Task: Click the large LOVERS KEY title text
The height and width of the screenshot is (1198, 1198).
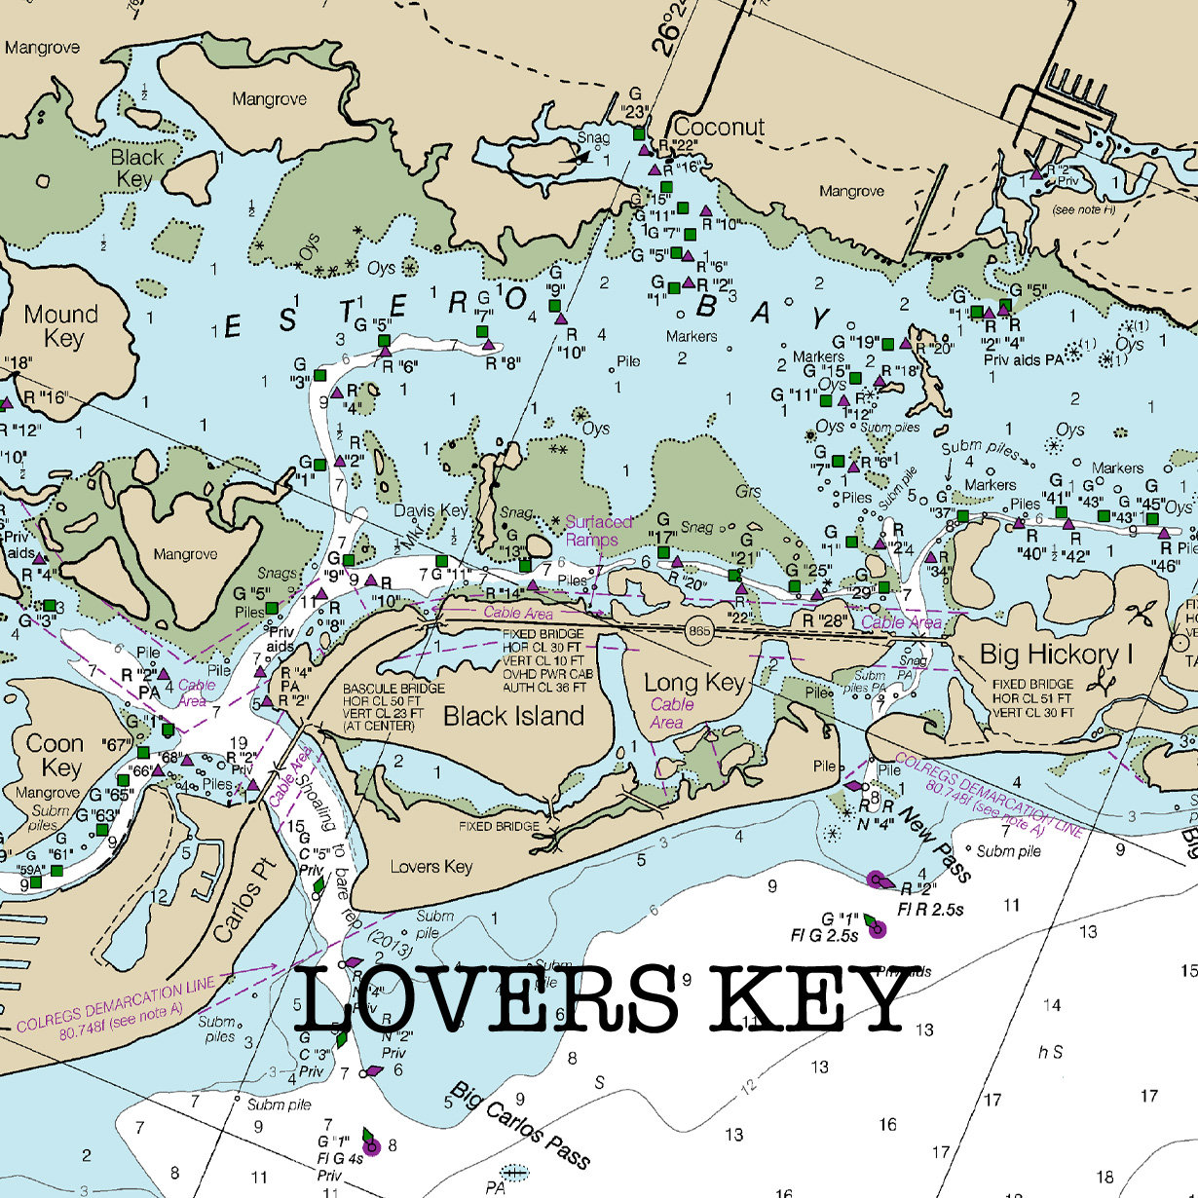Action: click(x=604, y=999)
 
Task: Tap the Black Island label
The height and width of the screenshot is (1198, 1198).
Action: click(x=513, y=716)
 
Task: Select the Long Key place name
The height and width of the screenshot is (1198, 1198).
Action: click(x=694, y=682)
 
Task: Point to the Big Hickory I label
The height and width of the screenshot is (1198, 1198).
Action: click(x=1056, y=654)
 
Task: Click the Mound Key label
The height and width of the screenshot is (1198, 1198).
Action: click(x=61, y=326)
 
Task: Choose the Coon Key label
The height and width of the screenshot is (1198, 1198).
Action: click(x=55, y=756)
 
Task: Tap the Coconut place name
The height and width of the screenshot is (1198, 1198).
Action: click(x=719, y=127)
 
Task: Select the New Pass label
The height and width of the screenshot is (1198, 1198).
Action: click(x=935, y=843)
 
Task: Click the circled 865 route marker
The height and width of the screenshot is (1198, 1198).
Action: click(x=698, y=631)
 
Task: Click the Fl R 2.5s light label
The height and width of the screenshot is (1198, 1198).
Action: click(x=930, y=910)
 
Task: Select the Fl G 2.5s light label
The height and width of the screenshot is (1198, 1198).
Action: click(x=824, y=936)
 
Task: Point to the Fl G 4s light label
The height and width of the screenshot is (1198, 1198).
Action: click(x=340, y=1158)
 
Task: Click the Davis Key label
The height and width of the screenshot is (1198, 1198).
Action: click(x=431, y=510)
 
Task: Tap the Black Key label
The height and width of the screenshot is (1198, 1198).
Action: click(x=136, y=168)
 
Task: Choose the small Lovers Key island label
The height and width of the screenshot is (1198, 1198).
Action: click(x=431, y=866)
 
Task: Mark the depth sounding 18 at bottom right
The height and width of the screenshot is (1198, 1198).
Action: click(x=1104, y=1177)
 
